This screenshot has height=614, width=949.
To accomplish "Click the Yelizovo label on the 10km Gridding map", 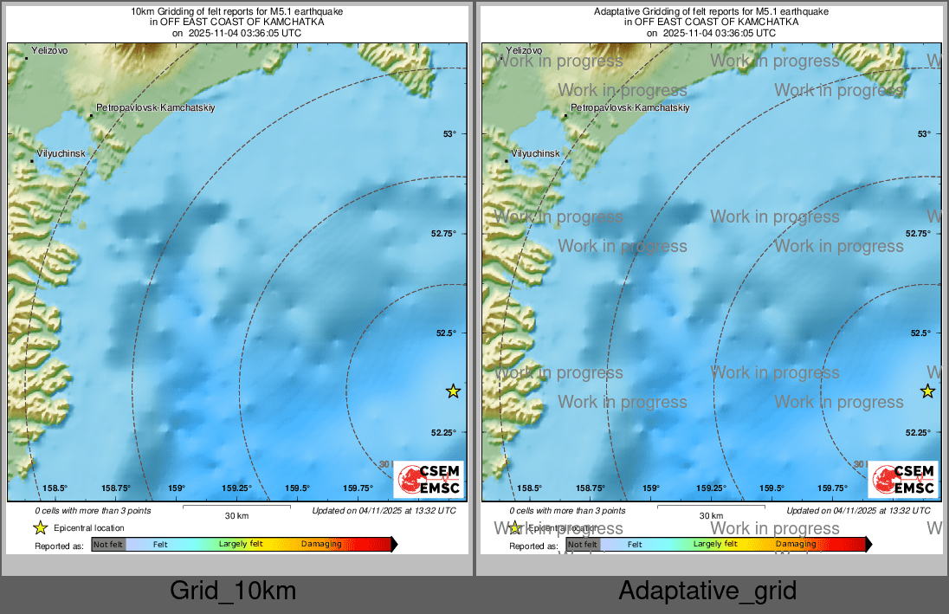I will (x=49, y=51).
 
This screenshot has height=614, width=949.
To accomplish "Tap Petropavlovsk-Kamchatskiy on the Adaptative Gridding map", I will (x=629, y=108).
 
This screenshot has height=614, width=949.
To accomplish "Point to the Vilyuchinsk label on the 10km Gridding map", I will (x=61, y=153).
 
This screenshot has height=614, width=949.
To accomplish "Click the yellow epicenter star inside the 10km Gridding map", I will (x=453, y=391).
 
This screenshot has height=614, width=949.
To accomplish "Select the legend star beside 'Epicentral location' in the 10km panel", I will (x=40, y=527).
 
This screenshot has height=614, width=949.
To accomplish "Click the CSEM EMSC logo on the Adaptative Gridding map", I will (x=904, y=479).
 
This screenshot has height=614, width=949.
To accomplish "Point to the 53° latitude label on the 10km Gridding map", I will (x=449, y=134).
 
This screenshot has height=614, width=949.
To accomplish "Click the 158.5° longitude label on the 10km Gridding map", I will (x=55, y=488).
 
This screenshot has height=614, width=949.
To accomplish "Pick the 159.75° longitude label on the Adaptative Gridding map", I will (x=832, y=488).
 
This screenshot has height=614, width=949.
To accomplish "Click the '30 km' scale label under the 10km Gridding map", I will (x=236, y=516).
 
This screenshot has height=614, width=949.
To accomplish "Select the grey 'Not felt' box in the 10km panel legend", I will (x=108, y=545).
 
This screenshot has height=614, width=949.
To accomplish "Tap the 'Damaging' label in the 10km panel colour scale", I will (x=321, y=545).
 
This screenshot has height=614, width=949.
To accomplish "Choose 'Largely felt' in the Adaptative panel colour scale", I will (x=715, y=545).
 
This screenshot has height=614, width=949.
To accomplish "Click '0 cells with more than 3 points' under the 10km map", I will (x=93, y=511).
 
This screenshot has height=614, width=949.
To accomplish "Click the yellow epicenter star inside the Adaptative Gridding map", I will (x=927, y=391).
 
